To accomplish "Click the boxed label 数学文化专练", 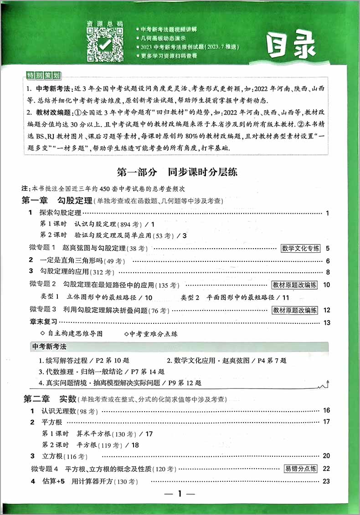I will pyautogui.click(x=300, y=248).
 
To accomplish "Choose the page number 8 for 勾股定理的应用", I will pyautogui.click(x=327, y=272).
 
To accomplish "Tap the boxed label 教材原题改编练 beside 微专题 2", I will pyautogui.click(x=295, y=285).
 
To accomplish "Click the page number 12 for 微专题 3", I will pyautogui.click(x=326, y=310).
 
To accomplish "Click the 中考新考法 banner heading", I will pyautogui.click(x=50, y=347).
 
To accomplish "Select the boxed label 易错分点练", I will pyautogui.click(x=300, y=468).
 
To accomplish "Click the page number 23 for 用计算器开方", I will pyautogui.click(x=326, y=481).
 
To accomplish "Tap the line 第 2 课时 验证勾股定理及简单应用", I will pyautogui.click(x=114, y=235).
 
